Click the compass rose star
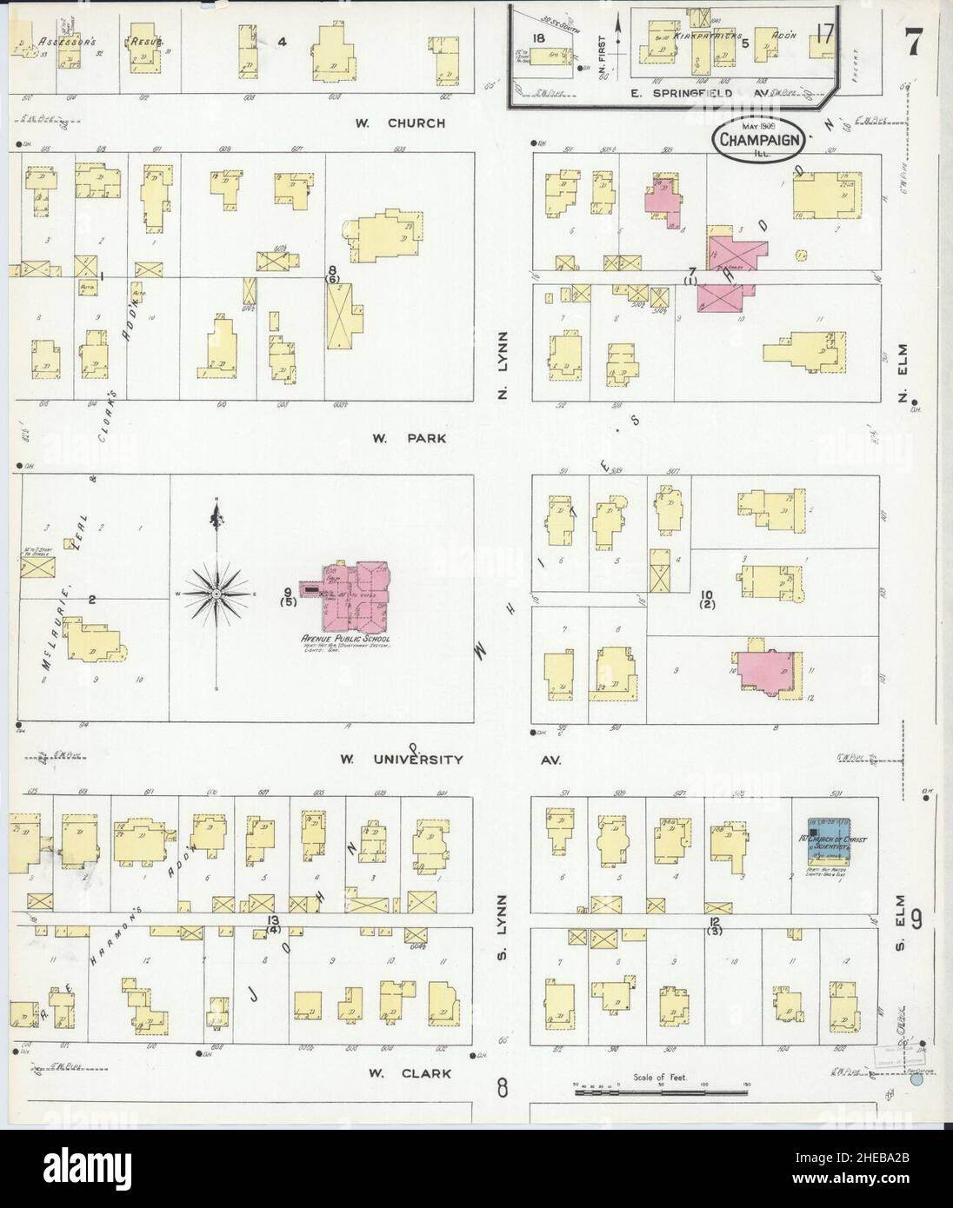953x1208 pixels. pyautogui.click(x=215, y=593)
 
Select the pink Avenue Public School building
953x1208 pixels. pyautogui.click(x=352, y=593)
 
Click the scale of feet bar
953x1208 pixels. pyautogui.click(x=661, y=1087)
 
